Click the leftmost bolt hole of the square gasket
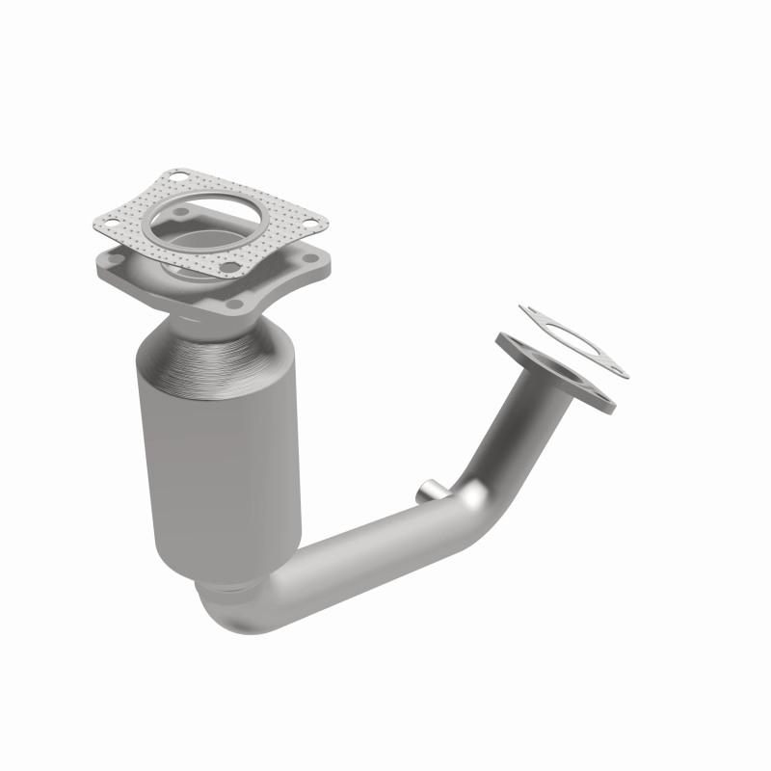[x=112, y=223]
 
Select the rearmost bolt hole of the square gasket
[x=179, y=176]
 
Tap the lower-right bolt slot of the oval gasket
[x=616, y=369]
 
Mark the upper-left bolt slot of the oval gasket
[x=528, y=311]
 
